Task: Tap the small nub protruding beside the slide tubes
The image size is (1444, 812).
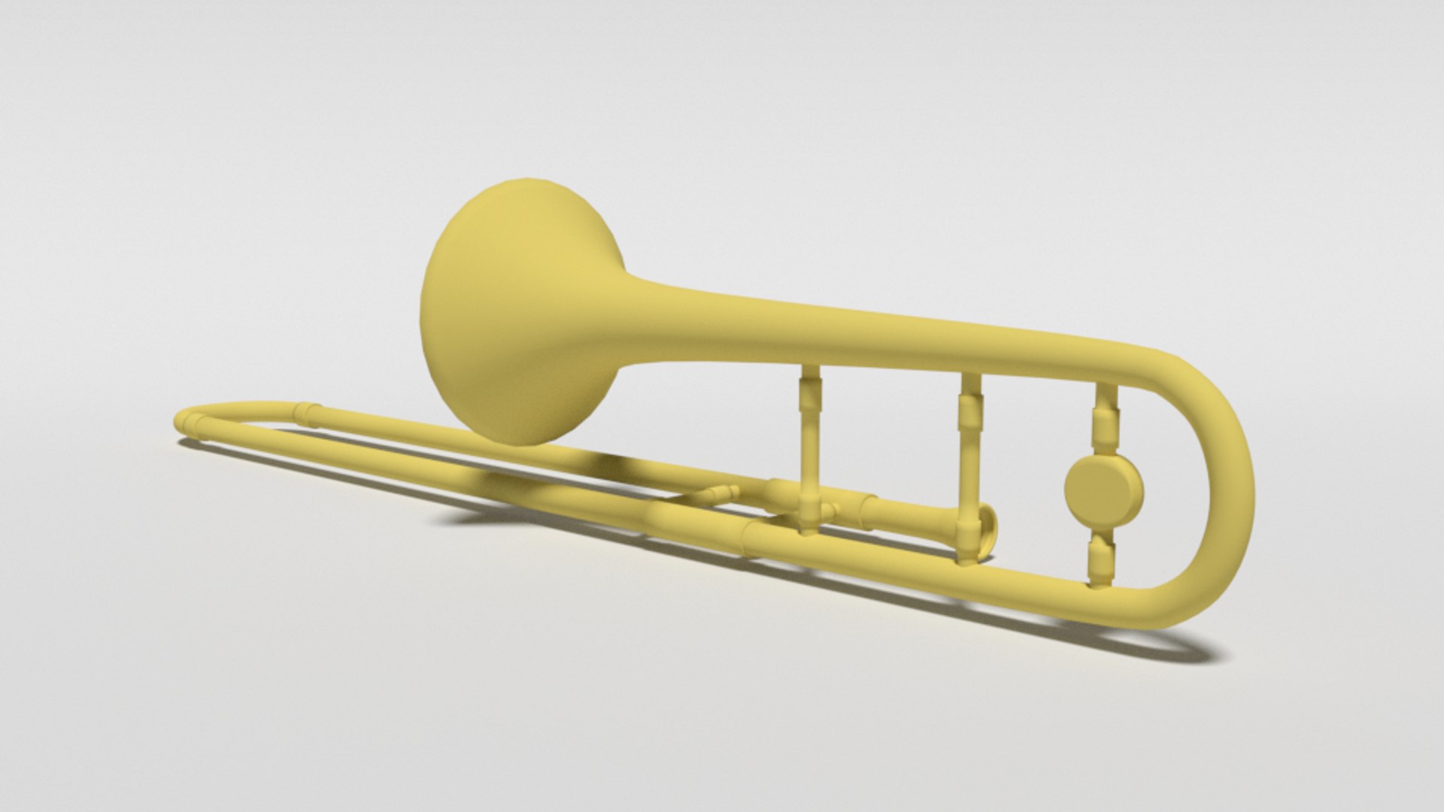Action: (718, 495)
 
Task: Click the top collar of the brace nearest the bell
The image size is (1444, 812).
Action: (810, 391)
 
